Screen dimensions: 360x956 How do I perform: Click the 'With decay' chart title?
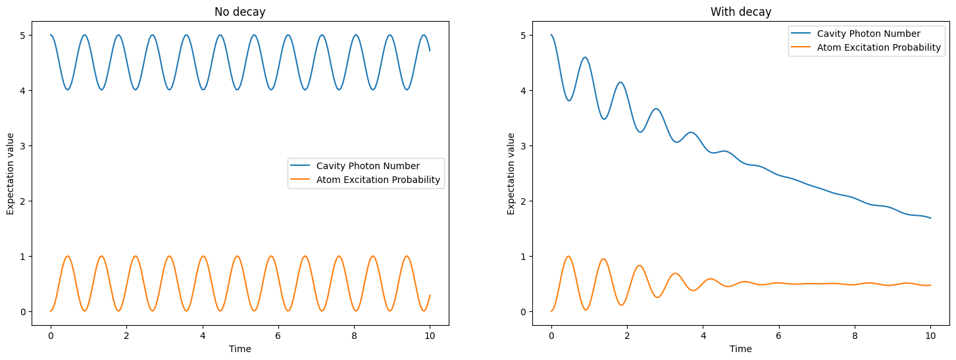[x=740, y=12]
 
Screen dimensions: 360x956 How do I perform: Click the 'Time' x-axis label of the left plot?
[x=239, y=349]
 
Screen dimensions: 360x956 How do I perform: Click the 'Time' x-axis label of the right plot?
[x=740, y=349]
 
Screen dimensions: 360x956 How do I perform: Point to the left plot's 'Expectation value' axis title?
[x=10, y=174]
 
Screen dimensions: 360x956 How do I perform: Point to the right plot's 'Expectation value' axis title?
[x=511, y=174]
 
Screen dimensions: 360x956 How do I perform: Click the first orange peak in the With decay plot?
[x=568, y=256]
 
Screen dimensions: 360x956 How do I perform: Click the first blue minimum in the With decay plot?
[x=569, y=101]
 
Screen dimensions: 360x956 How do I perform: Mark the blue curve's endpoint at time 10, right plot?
[x=930, y=218]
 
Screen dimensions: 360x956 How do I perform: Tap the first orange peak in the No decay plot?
[x=67, y=256]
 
